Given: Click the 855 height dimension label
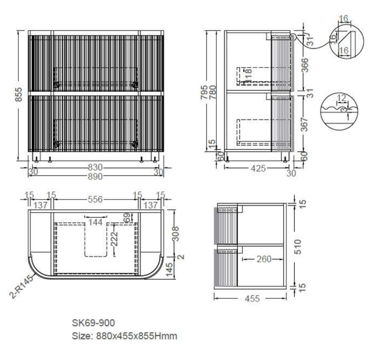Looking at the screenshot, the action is tap(19, 94).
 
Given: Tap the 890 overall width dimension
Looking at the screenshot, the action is tap(95, 176).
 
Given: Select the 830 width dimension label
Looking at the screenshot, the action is tap(95, 167).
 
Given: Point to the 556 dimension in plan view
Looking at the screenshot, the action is tap(95, 199).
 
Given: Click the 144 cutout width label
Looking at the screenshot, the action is tap(95, 222).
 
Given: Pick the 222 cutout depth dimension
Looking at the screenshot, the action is tap(114, 239).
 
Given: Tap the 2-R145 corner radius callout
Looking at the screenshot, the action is tap(22, 286).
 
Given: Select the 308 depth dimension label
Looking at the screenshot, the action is tap(175, 233).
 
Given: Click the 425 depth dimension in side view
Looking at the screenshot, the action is tap(258, 169).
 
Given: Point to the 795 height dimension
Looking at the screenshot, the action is tap(204, 92).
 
